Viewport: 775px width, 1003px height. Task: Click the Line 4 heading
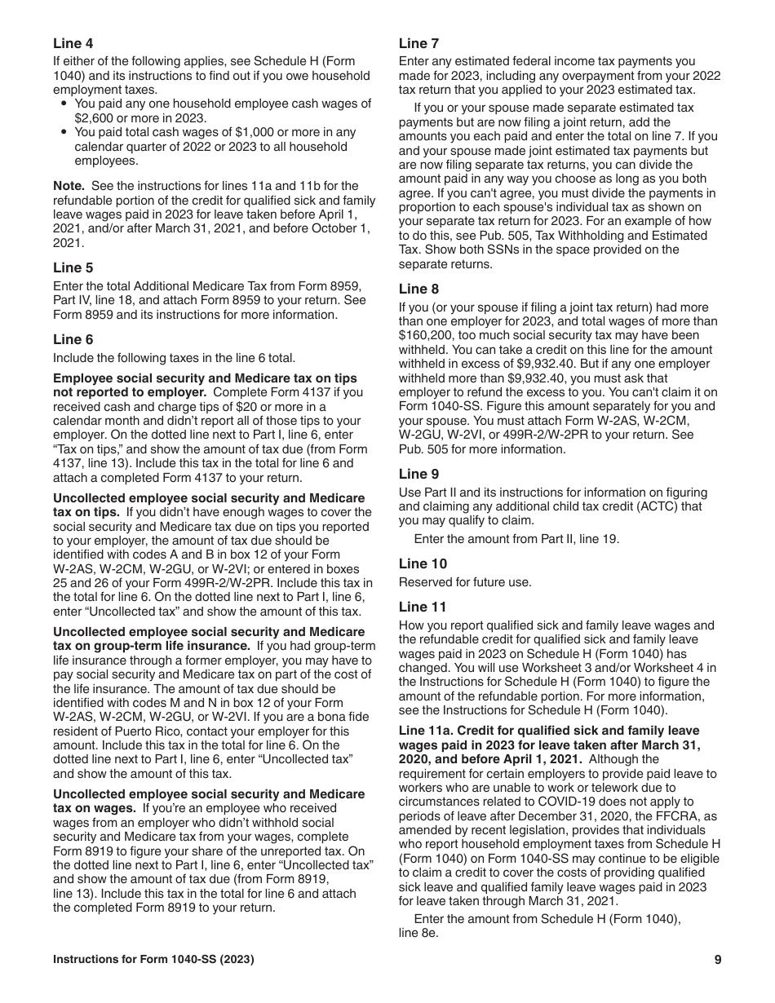[x=73, y=43]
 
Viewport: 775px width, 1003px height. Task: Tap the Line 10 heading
[x=423, y=563]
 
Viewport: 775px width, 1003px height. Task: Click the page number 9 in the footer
[x=717, y=960]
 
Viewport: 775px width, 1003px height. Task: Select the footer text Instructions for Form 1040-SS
[x=153, y=960]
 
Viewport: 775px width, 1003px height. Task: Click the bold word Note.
[x=69, y=186]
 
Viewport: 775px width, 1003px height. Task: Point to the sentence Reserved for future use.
[x=465, y=582]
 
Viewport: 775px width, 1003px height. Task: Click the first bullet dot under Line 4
[x=65, y=104]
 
